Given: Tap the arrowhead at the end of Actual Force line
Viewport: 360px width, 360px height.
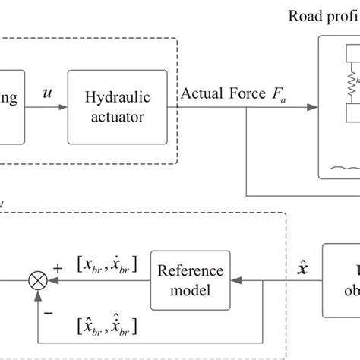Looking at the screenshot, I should pyautogui.click(x=314, y=106).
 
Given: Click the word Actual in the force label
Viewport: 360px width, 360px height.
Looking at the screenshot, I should pyautogui.click(x=204, y=93).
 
